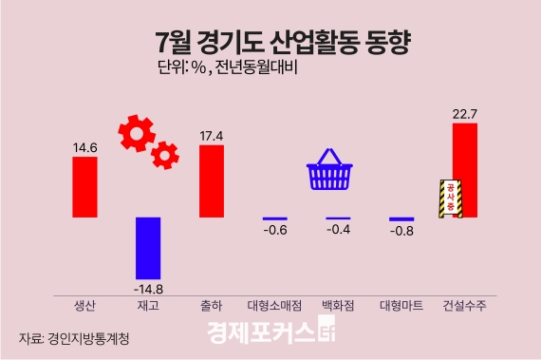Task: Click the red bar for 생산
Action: pyautogui.click(x=84, y=187)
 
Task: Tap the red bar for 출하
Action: pyautogui.click(x=212, y=180)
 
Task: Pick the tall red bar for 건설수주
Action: pyautogui.click(x=465, y=170)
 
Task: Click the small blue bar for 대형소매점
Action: pyautogui.click(x=274, y=218)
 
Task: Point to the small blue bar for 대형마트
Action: pyautogui.click(x=401, y=219)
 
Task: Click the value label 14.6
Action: pyautogui.click(x=84, y=147)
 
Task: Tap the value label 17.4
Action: pyautogui.click(x=212, y=135)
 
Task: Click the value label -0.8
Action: pyautogui.click(x=401, y=232)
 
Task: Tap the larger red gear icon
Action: pyautogui.click(x=137, y=134)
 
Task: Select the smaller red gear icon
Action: pyautogui.click(x=166, y=153)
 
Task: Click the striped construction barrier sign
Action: pyautogui.click(x=449, y=199)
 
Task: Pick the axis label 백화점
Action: pyautogui.click(x=338, y=306)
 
